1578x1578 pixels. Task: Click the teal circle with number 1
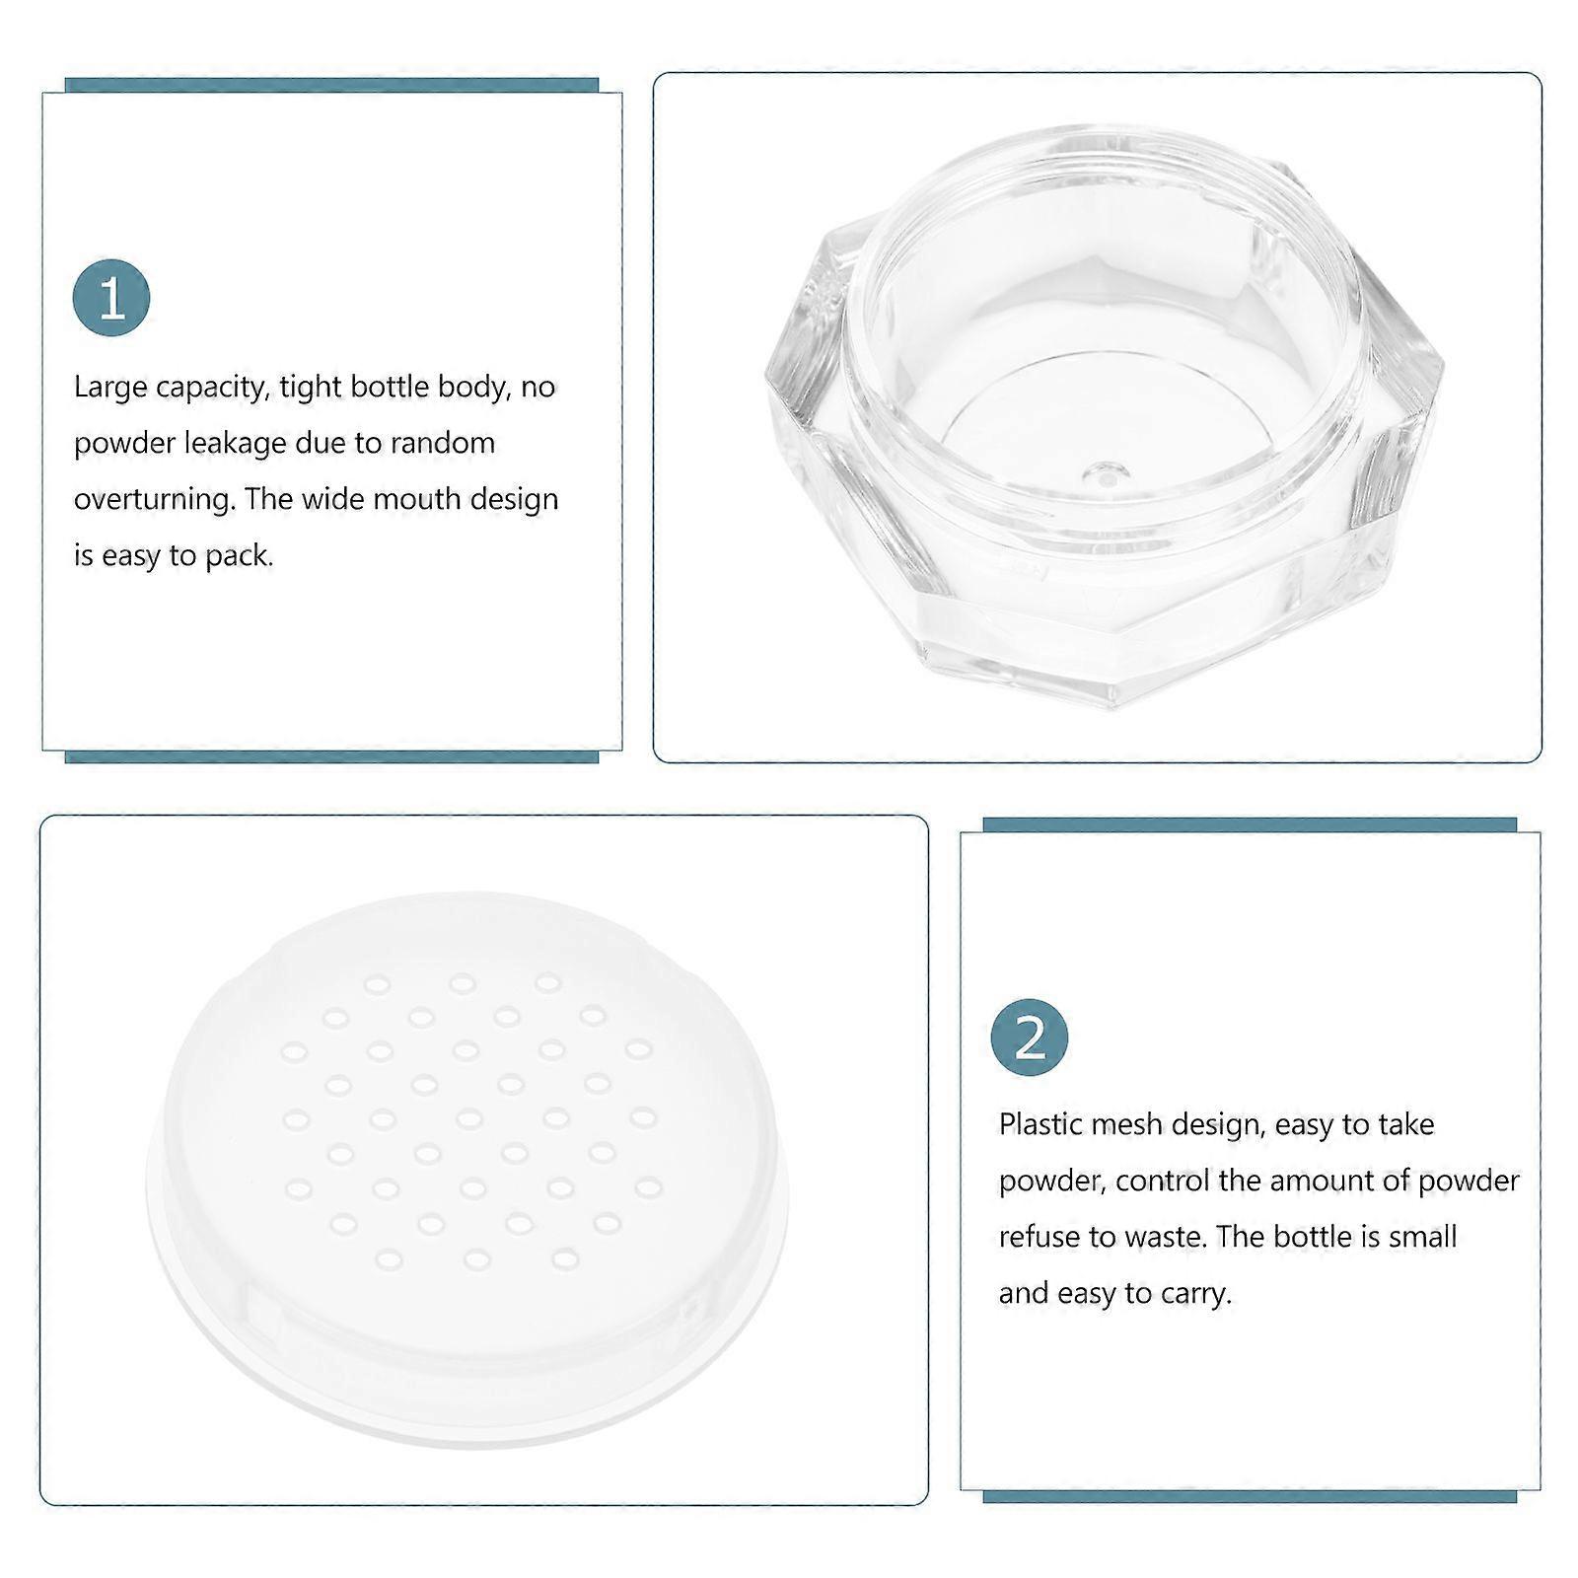point(111,298)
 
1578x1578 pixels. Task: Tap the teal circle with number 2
point(1030,1038)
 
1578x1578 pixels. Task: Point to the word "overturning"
point(155,500)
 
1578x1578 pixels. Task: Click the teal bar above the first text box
point(331,85)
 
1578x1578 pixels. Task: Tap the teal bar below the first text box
point(331,757)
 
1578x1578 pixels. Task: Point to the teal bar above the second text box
point(1250,825)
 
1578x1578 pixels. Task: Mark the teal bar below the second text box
point(1250,1497)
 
